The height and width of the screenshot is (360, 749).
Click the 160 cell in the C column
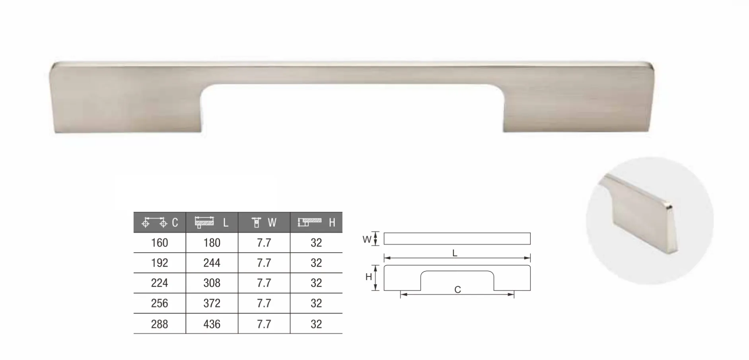(160, 243)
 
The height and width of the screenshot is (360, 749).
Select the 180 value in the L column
(212, 243)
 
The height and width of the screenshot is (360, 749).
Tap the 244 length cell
(212, 263)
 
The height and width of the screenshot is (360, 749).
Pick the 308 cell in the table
(212, 283)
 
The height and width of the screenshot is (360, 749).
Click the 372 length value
(212, 304)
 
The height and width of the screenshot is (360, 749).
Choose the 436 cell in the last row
(212, 324)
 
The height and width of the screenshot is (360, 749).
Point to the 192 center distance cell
(160, 263)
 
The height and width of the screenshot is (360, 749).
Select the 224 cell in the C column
(160, 283)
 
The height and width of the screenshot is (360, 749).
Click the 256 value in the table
(160, 304)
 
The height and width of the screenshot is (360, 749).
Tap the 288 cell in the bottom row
(160, 324)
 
